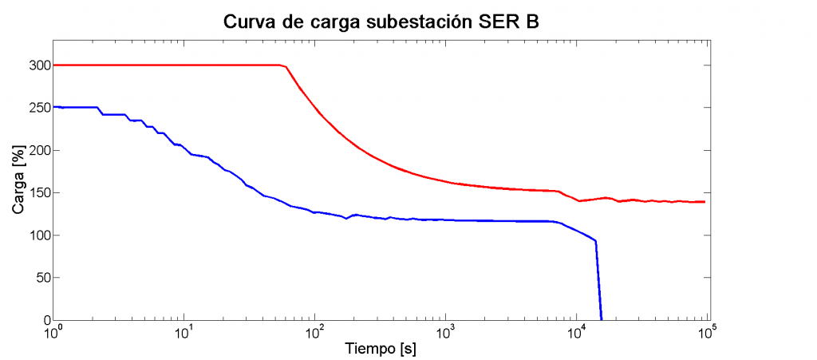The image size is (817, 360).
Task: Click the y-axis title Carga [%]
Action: click(x=18, y=192)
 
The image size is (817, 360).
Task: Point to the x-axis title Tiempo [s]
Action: click(x=381, y=349)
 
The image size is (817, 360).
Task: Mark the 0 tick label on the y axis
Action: click(x=45, y=320)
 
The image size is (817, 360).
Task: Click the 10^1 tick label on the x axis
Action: click(x=184, y=331)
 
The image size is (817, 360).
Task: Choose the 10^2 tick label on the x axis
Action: click(x=314, y=331)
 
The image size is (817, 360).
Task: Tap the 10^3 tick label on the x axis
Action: click(x=445, y=331)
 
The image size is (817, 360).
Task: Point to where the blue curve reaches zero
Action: click(x=601, y=319)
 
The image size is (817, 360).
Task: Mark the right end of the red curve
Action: click(x=705, y=202)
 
